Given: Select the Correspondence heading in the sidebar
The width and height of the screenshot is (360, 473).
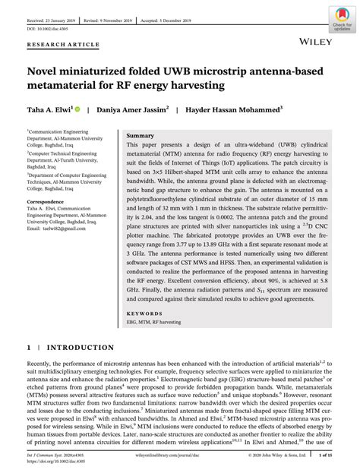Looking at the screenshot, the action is pos(49,202).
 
